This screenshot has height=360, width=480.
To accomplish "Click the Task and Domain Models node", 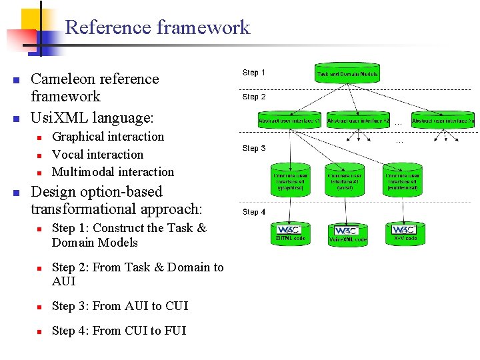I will click(x=347, y=73).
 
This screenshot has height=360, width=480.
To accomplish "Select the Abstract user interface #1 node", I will click(x=289, y=120).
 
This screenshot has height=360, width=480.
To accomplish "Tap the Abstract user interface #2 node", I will click(x=358, y=120).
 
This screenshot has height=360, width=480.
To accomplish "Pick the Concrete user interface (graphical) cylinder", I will click(x=289, y=179).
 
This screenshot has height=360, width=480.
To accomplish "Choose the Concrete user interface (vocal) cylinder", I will click(x=346, y=179).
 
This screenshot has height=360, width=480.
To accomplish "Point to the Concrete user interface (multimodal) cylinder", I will click(x=403, y=179).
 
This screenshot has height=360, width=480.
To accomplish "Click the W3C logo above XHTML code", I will click(x=289, y=230).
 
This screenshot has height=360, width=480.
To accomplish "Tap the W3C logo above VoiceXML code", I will click(x=347, y=231).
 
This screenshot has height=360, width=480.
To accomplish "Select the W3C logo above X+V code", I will click(x=403, y=230).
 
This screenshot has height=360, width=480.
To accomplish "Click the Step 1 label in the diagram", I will click(x=254, y=73).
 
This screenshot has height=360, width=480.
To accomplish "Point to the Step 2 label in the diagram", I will click(x=254, y=97).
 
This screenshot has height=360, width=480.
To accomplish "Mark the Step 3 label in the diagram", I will click(x=254, y=149).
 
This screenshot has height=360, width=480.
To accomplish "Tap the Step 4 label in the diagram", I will click(x=254, y=212).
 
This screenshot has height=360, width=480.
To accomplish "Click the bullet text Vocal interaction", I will click(x=97, y=154).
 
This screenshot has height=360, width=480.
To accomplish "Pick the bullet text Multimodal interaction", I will click(x=113, y=171).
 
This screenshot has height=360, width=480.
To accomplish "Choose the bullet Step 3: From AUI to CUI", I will click(x=120, y=306).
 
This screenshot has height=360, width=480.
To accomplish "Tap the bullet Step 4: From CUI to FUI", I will click(x=119, y=331).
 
